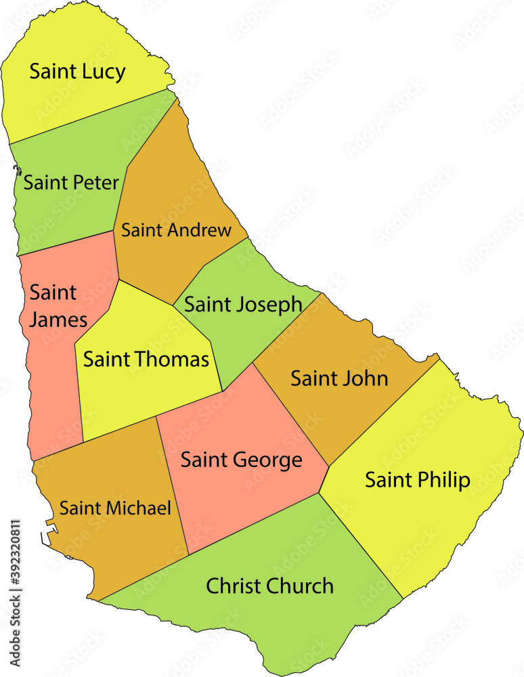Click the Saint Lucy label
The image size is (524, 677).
coord(77,72)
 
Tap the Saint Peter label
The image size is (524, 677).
coord(71,182)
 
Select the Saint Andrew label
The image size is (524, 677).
coord(176,230)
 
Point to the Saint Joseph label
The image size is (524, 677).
coord(243,304)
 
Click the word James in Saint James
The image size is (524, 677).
coord(58,319)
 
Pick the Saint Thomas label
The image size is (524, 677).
coord(146,359)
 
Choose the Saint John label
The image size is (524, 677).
coord(339,378)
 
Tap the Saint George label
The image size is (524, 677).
coord(241,460)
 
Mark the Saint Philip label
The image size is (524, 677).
coord(417,480)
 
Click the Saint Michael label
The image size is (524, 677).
coord(115,508)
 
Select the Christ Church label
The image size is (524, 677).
coord(269,586)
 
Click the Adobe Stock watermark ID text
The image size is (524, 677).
coord(16,596)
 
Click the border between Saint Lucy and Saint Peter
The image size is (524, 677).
coord(88,116)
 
